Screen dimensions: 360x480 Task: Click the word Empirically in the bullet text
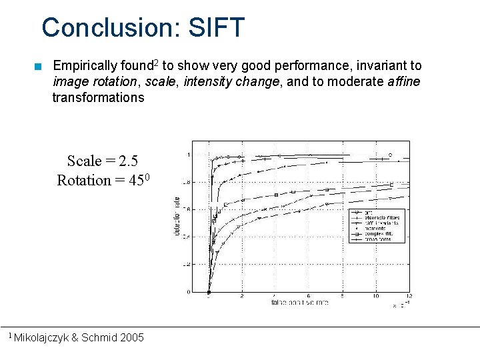coord(84,66)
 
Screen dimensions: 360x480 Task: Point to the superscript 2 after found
coord(155,63)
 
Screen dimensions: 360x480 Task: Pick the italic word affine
coord(403,82)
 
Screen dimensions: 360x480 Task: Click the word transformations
coord(98,98)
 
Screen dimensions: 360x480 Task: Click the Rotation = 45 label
coord(107,181)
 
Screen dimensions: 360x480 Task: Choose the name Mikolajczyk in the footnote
coord(41,338)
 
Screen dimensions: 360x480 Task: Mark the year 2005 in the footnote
coord(131,338)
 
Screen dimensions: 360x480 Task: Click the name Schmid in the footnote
coord(99,338)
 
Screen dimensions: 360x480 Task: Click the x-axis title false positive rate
coord(299,303)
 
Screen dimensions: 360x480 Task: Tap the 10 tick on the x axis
coord(376,296)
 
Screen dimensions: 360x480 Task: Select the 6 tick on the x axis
coord(309,296)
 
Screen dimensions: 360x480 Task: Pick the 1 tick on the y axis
coord(189,155)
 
